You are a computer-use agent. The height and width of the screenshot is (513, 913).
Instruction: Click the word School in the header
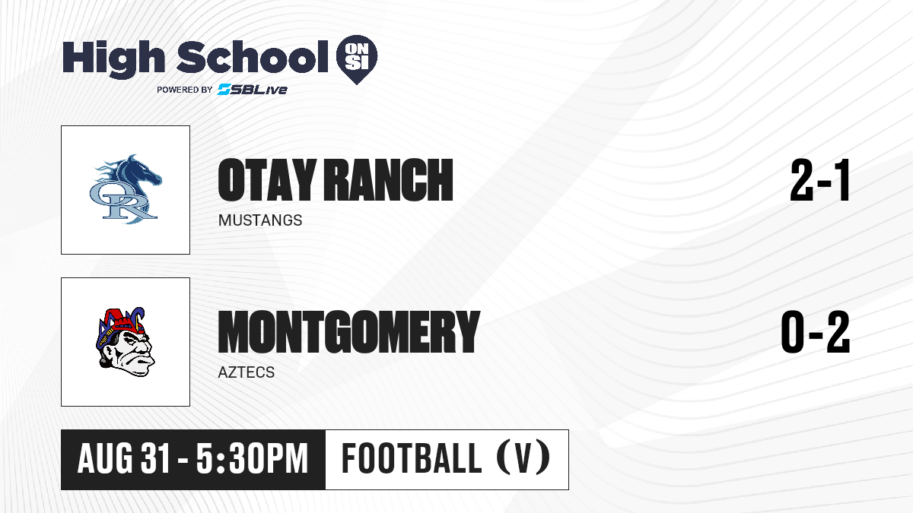(253, 57)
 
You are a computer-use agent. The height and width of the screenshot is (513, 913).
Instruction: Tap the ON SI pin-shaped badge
(357, 59)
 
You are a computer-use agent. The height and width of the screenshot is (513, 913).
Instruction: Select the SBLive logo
(252, 89)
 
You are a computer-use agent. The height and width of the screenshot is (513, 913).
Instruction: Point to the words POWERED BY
(185, 90)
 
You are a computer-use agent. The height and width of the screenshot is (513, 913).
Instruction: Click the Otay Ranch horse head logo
(126, 189)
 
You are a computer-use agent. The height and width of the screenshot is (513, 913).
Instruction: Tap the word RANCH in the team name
(389, 180)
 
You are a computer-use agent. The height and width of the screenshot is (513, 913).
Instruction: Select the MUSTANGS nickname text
(260, 220)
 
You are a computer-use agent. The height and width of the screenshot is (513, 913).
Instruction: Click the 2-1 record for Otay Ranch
(819, 180)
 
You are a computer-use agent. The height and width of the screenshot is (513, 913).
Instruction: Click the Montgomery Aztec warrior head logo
(126, 342)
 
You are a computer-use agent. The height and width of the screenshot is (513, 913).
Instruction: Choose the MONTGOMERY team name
(349, 332)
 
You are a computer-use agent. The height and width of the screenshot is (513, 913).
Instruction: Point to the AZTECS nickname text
(247, 372)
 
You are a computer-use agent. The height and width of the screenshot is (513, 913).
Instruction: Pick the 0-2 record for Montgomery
(816, 332)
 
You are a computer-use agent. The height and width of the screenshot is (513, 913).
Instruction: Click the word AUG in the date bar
(105, 459)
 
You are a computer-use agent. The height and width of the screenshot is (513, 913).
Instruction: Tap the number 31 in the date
(155, 459)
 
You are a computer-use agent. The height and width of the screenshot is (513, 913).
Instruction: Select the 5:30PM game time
(253, 459)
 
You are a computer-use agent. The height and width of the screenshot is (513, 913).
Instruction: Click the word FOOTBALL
(412, 459)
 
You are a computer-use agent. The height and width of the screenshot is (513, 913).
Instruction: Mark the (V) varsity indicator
(523, 458)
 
